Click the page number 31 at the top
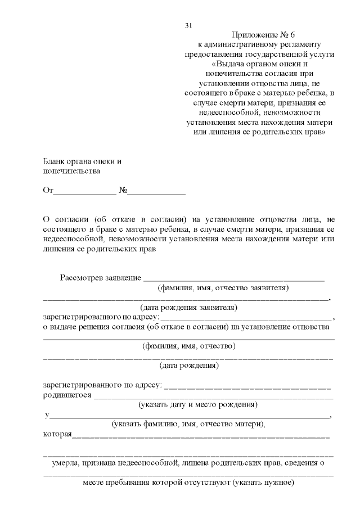click(x=188, y=26)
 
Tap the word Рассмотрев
click(x=82, y=278)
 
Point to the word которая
click(x=57, y=434)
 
